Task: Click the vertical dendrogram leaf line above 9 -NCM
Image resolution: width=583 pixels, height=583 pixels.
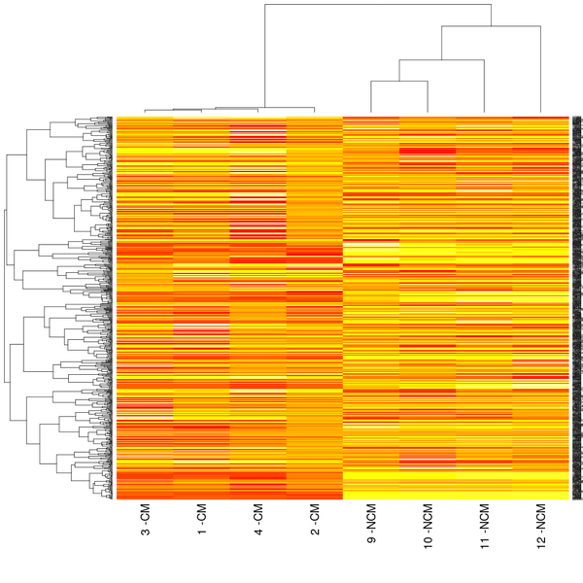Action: pos(370,97)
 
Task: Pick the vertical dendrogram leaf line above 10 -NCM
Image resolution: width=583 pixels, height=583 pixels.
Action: pos(428,97)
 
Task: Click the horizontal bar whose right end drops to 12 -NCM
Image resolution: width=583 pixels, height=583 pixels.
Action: pos(491,27)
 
